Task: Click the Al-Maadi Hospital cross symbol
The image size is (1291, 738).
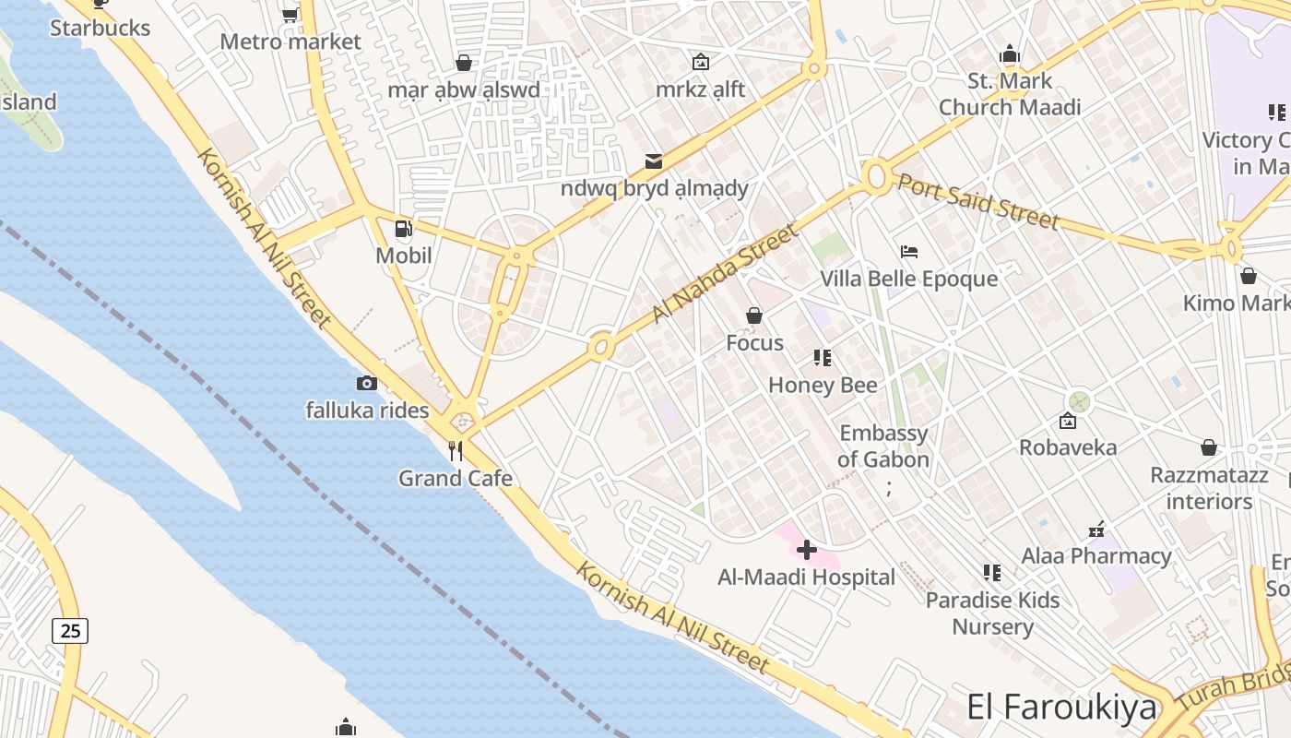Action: pyautogui.click(x=807, y=551)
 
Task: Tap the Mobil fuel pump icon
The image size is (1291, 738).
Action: pyautogui.click(x=403, y=229)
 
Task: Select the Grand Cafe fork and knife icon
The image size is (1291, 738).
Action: pyautogui.click(x=455, y=451)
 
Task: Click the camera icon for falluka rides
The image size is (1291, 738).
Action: pyautogui.click(x=367, y=383)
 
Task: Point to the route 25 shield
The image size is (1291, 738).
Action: pyautogui.click(x=70, y=631)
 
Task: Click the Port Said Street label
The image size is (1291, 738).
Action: pyautogui.click(x=978, y=201)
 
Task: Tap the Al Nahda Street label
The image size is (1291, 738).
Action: pyautogui.click(x=724, y=273)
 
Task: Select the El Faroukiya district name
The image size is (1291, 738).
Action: pyautogui.click(x=1061, y=708)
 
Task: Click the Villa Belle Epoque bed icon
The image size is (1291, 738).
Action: pyautogui.click(x=909, y=252)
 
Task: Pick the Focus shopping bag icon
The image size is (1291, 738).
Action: pyautogui.click(x=754, y=316)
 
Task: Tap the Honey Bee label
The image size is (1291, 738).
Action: pyautogui.click(x=823, y=385)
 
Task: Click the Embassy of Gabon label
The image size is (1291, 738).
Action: pyautogui.click(x=883, y=446)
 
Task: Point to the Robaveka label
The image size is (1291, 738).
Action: pyautogui.click(x=1068, y=447)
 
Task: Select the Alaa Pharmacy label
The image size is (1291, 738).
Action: pyautogui.click(x=1096, y=556)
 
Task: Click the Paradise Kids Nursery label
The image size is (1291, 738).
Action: pyautogui.click(x=992, y=613)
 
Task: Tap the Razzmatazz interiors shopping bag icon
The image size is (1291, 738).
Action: pyautogui.click(x=1209, y=448)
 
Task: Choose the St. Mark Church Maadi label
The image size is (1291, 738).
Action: pyautogui.click(x=1010, y=94)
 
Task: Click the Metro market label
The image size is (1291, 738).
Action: pyautogui.click(x=290, y=42)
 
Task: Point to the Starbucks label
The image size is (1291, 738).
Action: pyautogui.click(x=100, y=28)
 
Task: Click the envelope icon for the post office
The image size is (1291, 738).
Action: pyautogui.click(x=654, y=161)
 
